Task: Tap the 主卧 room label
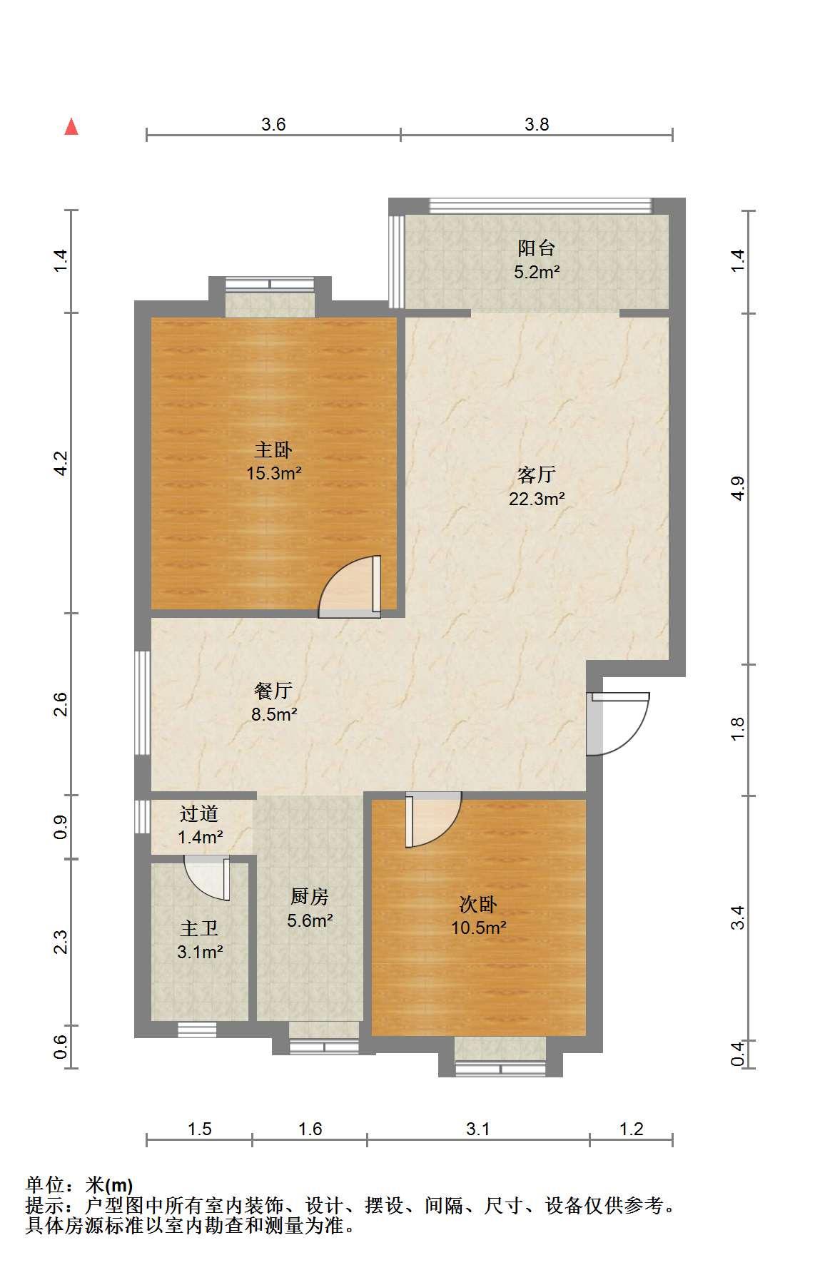point(273,450)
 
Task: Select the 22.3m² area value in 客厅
point(537,499)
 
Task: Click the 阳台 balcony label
point(537,248)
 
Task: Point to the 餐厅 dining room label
point(273,691)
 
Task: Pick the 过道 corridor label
point(199,813)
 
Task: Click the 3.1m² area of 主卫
point(200,952)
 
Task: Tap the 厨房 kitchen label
point(310,896)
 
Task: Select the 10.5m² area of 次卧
point(478,928)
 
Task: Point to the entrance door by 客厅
point(617,723)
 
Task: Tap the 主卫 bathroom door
point(207,879)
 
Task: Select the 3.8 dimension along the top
point(537,125)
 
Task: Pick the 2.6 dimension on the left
point(61,704)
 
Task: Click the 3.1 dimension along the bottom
point(478,1129)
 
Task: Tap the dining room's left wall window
point(143,703)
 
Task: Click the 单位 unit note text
point(79,1185)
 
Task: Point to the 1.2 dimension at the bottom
point(631,1129)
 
